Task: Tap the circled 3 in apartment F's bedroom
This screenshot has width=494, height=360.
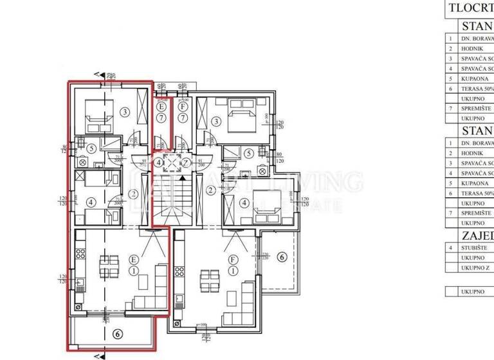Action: click(x=217, y=122)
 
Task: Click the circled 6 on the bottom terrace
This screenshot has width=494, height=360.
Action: click(x=116, y=334)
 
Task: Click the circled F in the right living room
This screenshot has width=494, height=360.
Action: click(x=233, y=260)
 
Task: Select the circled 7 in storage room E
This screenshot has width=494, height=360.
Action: click(x=161, y=118)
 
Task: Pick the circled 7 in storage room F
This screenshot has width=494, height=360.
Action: click(x=183, y=118)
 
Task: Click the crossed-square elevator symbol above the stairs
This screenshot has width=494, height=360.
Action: click(x=172, y=163)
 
